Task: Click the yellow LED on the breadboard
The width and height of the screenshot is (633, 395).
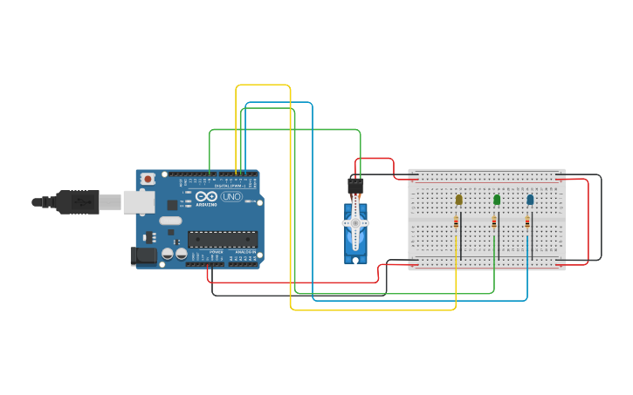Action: [x=458, y=200]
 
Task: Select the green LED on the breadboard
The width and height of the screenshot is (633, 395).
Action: [x=497, y=200]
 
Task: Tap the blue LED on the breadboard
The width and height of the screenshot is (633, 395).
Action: [x=530, y=200]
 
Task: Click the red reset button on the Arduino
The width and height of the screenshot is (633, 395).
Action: [x=148, y=179]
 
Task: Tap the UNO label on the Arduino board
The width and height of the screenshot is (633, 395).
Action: [x=231, y=197]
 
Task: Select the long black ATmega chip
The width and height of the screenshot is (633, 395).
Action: [x=223, y=239]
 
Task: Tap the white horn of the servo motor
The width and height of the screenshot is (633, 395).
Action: [x=354, y=223]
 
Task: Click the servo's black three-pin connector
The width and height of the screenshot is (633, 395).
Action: [x=355, y=185]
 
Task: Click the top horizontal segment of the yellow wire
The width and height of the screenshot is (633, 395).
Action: [x=263, y=85]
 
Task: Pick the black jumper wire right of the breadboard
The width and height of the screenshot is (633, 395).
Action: [x=601, y=218]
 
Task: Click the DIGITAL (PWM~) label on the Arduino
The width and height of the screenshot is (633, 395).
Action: [x=229, y=185]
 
